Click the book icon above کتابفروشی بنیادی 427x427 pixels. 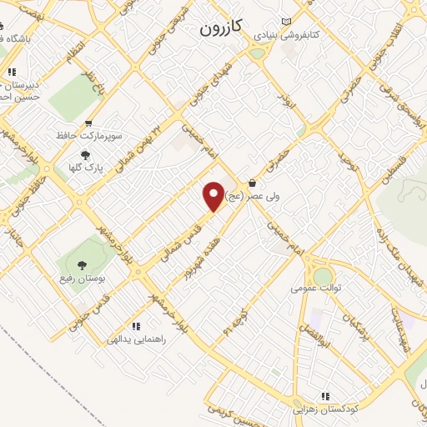(x=288, y=22)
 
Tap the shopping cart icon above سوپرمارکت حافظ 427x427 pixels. (x=88, y=123)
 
